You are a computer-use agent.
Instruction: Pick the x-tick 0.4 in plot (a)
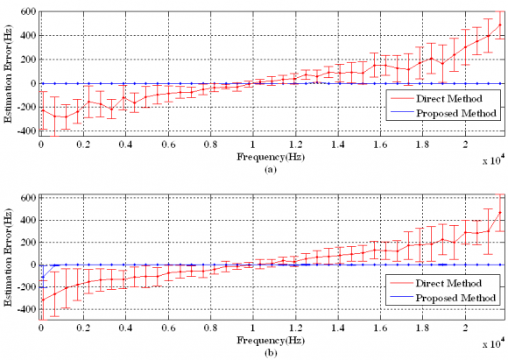[x=125, y=145]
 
